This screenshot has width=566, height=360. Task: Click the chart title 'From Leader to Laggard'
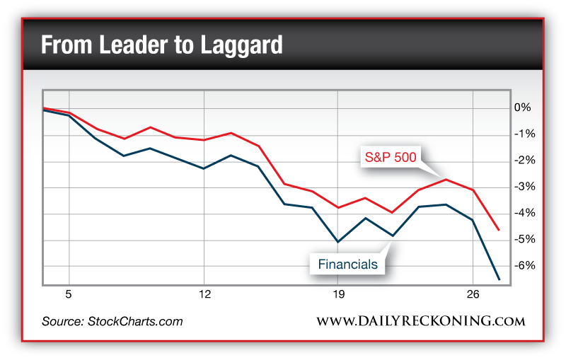point(162,45)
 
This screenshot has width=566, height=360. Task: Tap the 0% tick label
point(522,108)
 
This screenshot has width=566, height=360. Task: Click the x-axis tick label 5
point(69,294)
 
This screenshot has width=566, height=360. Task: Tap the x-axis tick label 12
point(204,294)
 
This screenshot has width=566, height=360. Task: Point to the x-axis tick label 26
point(473,294)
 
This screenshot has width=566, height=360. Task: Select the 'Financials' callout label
point(347,265)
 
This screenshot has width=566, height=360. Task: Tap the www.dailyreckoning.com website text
point(420,321)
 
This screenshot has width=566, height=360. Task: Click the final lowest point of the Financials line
point(499,279)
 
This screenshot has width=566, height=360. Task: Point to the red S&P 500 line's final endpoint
point(499,229)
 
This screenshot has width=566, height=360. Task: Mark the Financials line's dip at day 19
point(338,242)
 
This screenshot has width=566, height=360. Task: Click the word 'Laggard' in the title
point(243,45)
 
